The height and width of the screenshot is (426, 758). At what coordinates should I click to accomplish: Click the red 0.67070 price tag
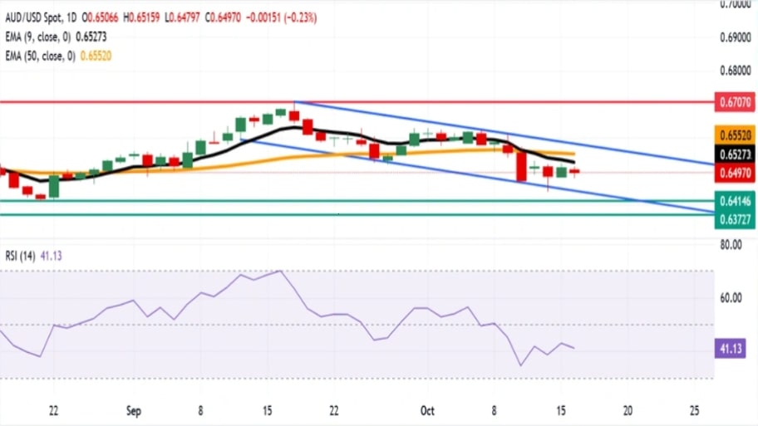(x=735, y=103)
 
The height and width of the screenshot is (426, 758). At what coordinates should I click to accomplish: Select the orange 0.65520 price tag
(x=735, y=135)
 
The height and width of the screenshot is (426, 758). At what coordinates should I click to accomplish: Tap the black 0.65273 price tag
(x=735, y=154)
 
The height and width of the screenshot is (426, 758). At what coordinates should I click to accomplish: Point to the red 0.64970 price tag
(x=735, y=173)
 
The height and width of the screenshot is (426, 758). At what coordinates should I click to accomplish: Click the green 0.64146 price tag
(x=735, y=200)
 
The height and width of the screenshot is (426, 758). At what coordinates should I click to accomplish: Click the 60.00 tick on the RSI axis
(x=731, y=297)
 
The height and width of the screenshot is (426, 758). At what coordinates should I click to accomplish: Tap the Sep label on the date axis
(x=133, y=409)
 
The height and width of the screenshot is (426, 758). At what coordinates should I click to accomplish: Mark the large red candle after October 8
(x=521, y=166)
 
